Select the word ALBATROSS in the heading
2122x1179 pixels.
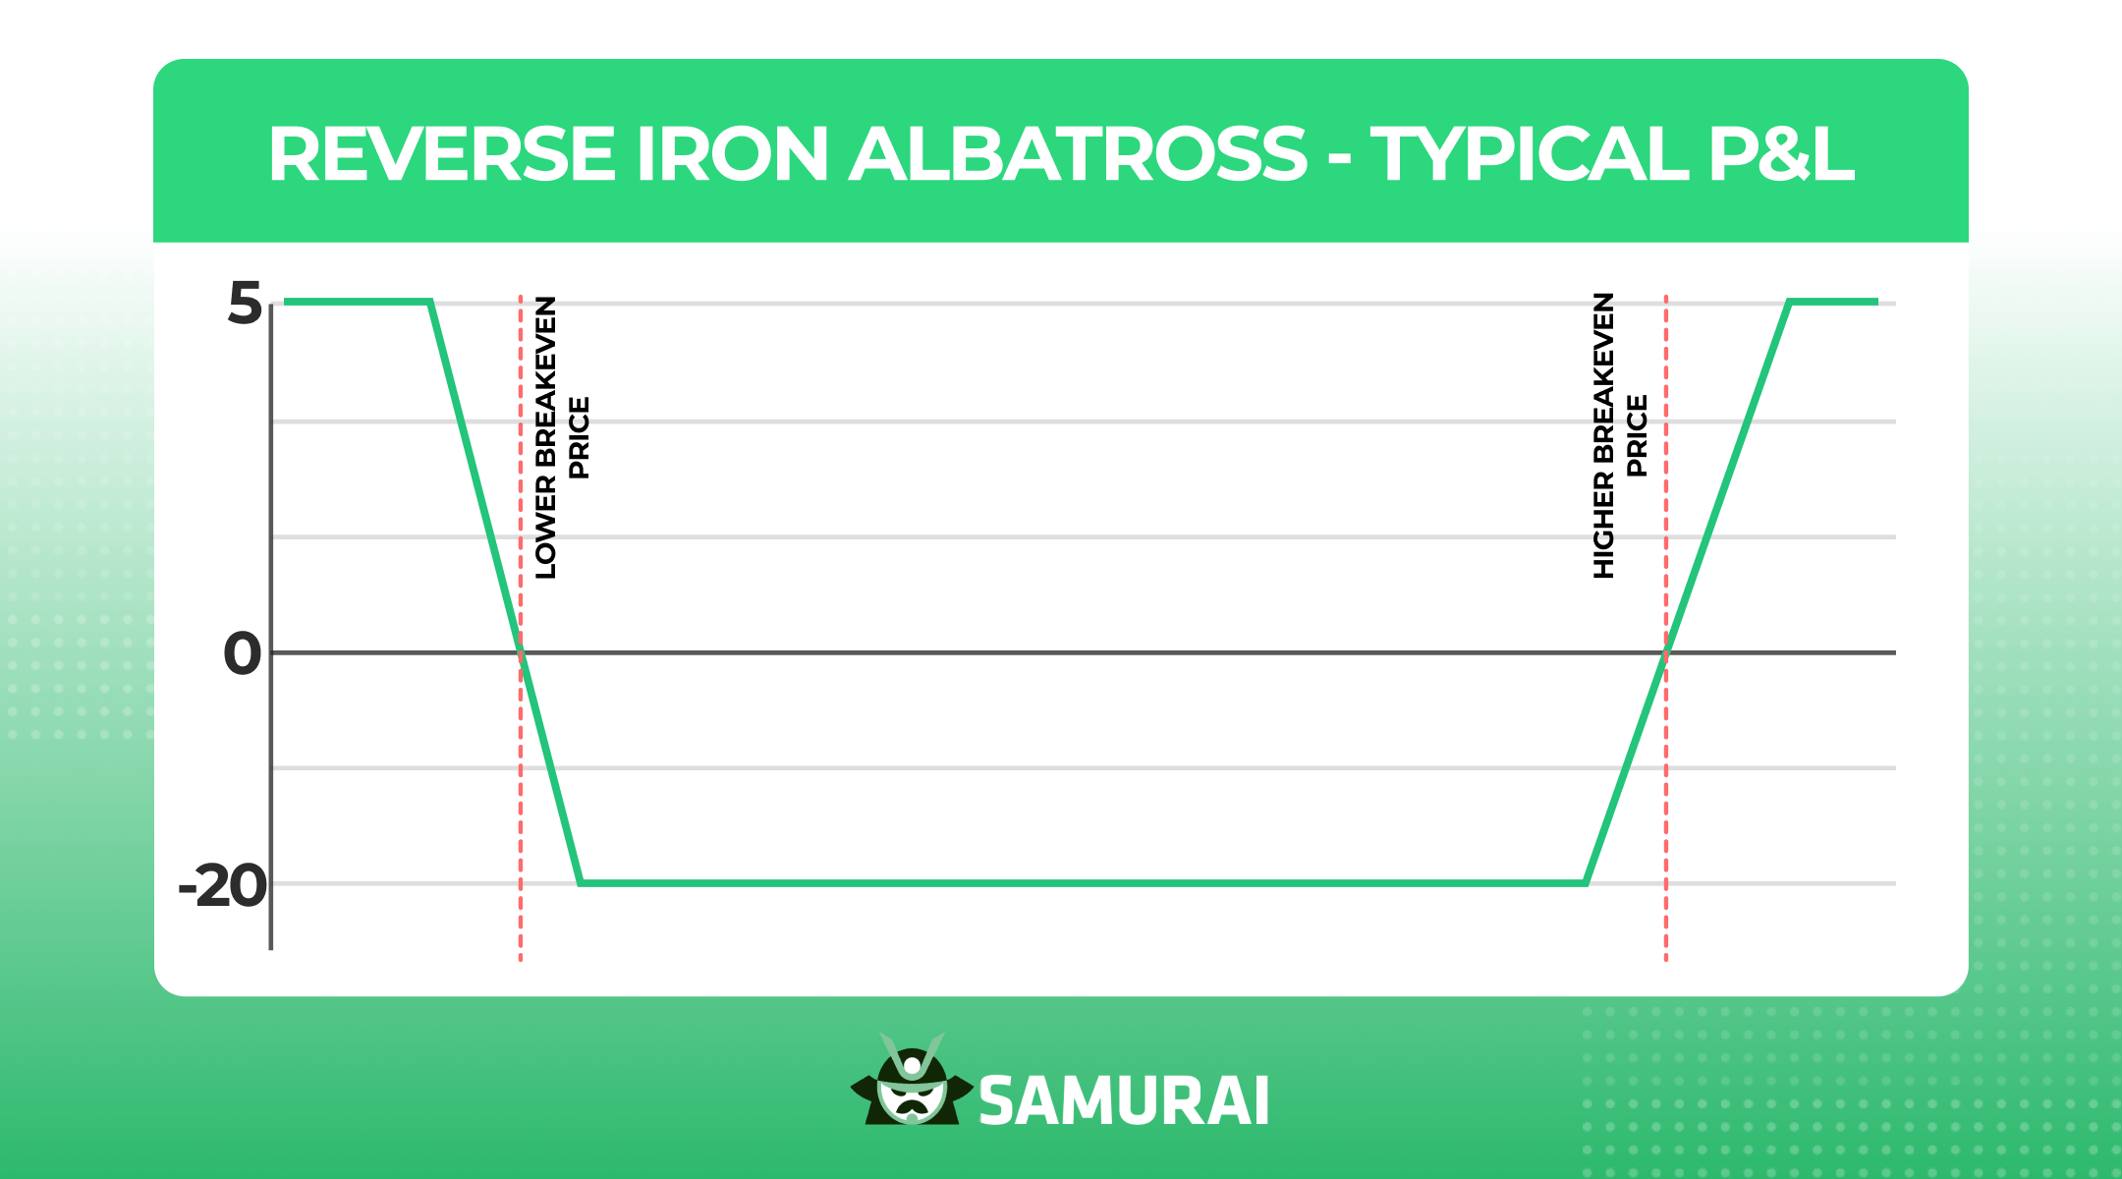click(x=1077, y=154)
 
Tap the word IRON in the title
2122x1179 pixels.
click(x=732, y=154)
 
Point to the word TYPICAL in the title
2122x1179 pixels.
click(x=1529, y=154)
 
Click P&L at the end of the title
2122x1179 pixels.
click(x=1781, y=154)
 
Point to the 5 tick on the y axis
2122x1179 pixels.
click(x=245, y=303)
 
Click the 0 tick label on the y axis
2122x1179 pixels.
click(x=243, y=653)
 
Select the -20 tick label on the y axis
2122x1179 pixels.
click(x=223, y=886)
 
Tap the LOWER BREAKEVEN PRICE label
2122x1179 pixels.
click(x=561, y=437)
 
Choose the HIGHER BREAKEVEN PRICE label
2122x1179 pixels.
click(x=1619, y=435)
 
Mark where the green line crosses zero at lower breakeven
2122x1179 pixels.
click(x=521, y=652)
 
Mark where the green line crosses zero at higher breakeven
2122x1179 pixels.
click(x=1666, y=652)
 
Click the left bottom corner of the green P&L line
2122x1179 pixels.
click(x=581, y=883)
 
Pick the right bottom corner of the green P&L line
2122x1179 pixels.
click(x=1587, y=883)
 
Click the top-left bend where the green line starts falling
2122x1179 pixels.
click(x=430, y=302)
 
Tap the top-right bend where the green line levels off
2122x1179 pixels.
click(x=1790, y=302)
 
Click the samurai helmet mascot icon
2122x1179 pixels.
click(x=912, y=1081)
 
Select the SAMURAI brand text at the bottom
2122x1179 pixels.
click(x=1124, y=1100)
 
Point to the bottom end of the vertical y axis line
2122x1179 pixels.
click(x=271, y=948)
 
